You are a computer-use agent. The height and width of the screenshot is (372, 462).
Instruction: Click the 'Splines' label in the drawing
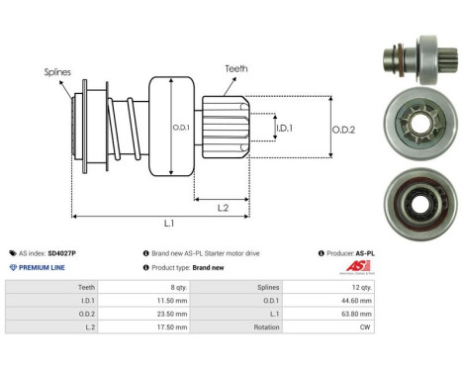(56, 72)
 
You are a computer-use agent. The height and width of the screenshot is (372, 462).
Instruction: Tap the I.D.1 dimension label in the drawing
(284, 128)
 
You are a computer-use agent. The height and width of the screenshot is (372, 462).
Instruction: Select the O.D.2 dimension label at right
(345, 126)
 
